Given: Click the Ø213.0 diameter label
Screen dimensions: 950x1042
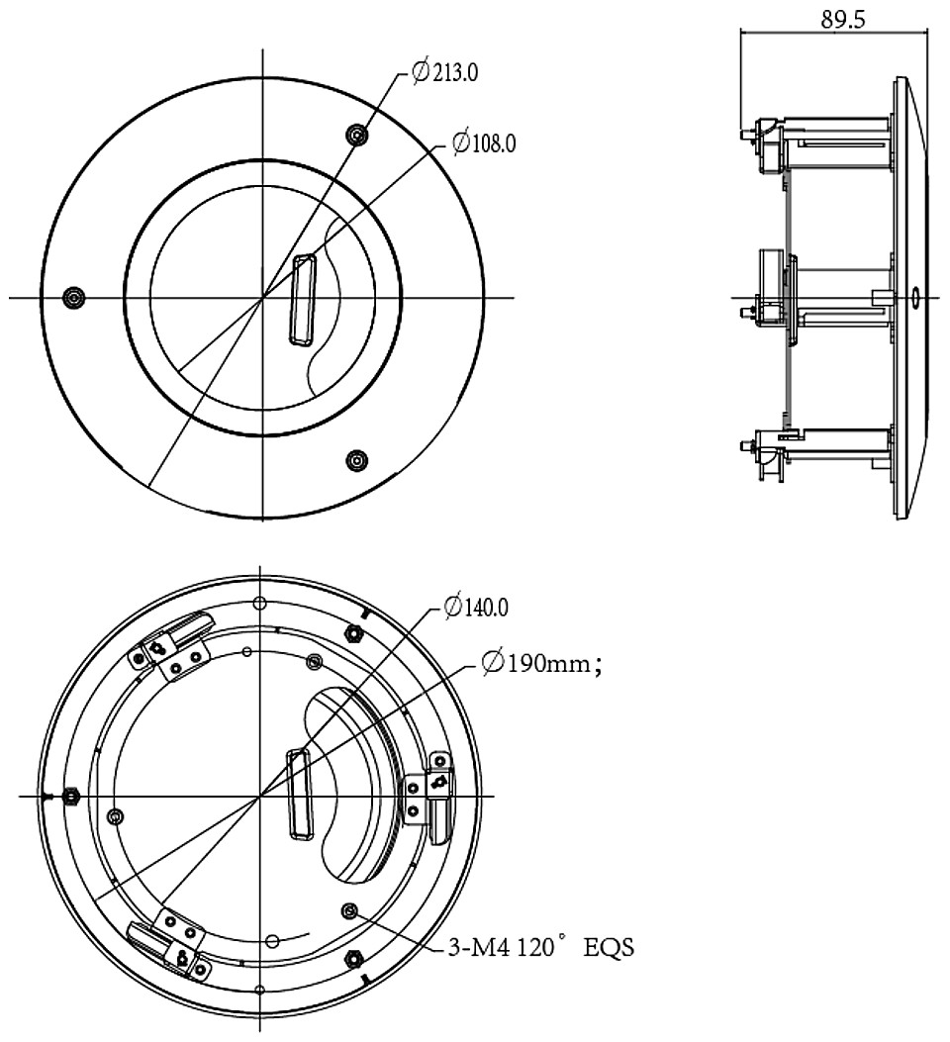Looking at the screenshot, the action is click(x=444, y=71).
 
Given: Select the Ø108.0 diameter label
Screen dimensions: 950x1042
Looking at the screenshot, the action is click(x=484, y=142).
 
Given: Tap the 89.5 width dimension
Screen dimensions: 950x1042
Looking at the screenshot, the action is click(x=843, y=19).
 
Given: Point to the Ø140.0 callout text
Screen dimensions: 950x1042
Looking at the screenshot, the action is click(x=476, y=607).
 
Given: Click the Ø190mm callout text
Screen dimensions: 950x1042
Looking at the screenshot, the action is click(x=542, y=663).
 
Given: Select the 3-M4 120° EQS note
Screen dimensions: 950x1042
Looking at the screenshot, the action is click(x=541, y=947).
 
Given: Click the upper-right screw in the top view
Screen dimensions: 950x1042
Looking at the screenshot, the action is click(x=358, y=135).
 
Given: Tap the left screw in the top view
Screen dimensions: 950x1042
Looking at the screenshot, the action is click(x=73, y=297).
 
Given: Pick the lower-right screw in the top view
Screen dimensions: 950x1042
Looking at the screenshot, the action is click(x=357, y=460).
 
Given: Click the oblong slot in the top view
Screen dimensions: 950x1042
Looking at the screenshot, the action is click(x=302, y=300).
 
